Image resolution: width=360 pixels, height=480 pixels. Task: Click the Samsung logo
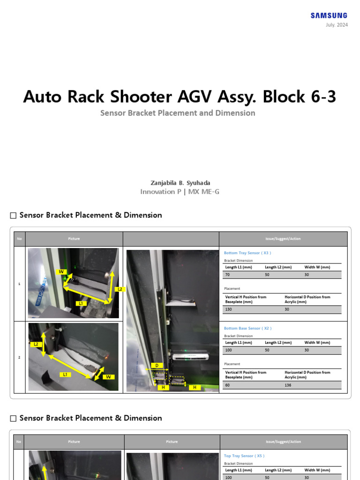pos(329,16)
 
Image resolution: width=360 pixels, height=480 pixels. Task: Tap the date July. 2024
pos(337,25)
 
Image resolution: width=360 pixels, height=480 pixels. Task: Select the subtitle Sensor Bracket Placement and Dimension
pos(178,113)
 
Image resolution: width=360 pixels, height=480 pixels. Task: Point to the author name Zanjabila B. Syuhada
pos(180,183)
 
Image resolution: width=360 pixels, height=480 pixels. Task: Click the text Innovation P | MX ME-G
pos(180,192)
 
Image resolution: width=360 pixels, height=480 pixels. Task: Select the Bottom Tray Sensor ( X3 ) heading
pos(247,253)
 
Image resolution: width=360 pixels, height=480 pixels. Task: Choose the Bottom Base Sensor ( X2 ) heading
pos(247,329)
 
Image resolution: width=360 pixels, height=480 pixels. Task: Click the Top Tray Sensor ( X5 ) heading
pos(244,456)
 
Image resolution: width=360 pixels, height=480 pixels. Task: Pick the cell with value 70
pos(228,275)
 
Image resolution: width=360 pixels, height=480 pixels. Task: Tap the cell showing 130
pos(229,309)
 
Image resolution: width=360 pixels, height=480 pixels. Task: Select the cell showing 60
pos(228,385)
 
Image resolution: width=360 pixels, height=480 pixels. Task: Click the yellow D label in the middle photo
pos(157,365)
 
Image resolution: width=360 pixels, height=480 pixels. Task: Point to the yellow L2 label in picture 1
pos(120,289)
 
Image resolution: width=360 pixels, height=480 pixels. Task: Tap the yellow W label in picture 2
pos(108,377)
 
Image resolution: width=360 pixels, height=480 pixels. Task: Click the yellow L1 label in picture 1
pos(81,303)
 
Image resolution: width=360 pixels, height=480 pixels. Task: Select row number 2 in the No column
pos(19,358)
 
